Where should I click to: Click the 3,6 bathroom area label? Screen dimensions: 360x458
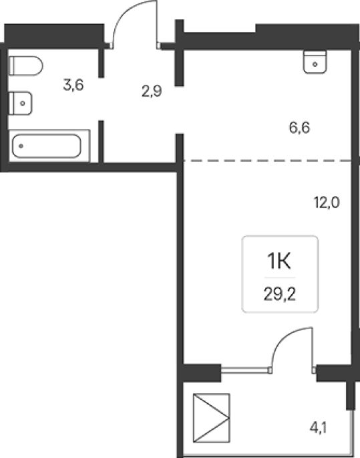(73, 85)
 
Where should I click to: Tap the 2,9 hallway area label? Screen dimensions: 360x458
(152, 92)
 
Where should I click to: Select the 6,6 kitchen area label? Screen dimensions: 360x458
(300, 128)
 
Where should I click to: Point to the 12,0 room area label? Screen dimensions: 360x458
(327, 203)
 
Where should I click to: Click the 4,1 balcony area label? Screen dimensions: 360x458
(318, 428)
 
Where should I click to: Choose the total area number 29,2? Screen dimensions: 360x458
(280, 294)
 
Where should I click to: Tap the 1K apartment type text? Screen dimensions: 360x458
(279, 261)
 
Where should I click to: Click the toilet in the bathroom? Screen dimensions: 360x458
(25, 66)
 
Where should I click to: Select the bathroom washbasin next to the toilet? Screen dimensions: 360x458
(20, 103)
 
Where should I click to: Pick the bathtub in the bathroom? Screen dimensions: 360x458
(49, 146)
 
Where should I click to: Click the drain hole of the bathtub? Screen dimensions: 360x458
(21, 146)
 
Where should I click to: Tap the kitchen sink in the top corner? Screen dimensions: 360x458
(315, 62)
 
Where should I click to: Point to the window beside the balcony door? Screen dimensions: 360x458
(245, 370)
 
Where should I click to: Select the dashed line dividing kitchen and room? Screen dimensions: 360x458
(268, 160)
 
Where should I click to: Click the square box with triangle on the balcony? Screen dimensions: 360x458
(211, 418)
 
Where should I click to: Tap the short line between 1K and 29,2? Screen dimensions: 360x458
(280, 277)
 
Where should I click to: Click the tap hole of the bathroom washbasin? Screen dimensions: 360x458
(23, 103)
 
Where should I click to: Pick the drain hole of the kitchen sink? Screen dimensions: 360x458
(315, 64)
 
